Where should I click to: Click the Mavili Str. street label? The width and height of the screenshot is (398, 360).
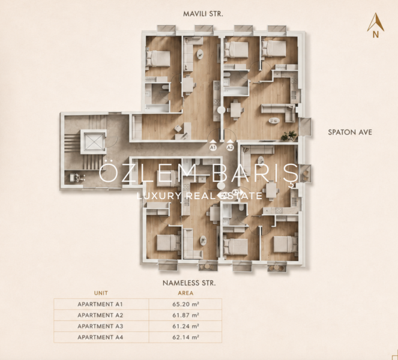(x=203, y=14)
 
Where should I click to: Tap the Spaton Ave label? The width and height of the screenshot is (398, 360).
(x=350, y=132)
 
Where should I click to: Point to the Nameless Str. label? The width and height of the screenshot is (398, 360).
(x=189, y=283)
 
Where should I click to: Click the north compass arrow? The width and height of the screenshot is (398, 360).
(x=375, y=22)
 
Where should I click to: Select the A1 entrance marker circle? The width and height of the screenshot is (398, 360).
(x=213, y=148)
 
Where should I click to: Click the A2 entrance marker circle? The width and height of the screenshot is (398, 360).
(x=230, y=148)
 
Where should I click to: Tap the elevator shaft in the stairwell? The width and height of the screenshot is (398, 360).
(x=94, y=142)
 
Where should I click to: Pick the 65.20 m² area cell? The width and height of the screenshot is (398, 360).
(x=185, y=304)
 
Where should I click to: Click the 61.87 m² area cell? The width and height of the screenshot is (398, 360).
(x=185, y=315)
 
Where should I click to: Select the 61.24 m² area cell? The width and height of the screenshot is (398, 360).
(x=185, y=326)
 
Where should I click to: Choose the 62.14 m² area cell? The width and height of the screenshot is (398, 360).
(x=185, y=337)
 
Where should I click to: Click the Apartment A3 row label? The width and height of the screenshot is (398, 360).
(x=100, y=326)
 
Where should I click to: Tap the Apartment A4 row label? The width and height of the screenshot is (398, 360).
(x=100, y=337)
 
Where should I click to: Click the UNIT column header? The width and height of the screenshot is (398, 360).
(x=101, y=293)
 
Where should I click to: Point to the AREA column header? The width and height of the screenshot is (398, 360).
(x=185, y=293)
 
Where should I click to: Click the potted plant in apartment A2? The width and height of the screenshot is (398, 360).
(x=289, y=136)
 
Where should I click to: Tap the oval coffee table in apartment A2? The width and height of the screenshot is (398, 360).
(x=274, y=121)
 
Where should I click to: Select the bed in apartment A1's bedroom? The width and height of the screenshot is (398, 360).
(x=158, y=58)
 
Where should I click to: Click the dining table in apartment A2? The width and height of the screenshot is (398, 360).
(x=235, y=109)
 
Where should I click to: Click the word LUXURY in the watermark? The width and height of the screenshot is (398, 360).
(x=158, y=196)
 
